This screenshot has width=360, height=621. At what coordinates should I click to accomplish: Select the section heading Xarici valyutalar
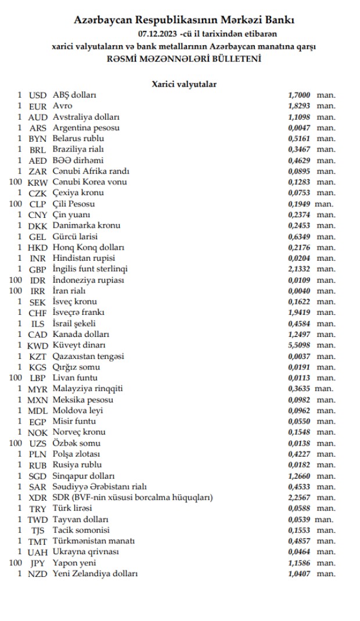(184, 84)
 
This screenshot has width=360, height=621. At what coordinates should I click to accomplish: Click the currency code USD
(38, 95)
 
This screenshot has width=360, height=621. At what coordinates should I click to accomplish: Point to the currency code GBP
(38, 269)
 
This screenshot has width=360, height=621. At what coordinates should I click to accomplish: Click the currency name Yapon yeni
(74, 563)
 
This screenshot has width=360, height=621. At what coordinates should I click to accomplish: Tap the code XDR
(38, 497)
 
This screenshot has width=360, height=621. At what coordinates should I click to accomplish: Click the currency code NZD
(38, 574)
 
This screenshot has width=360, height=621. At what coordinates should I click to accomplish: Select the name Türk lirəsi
(72, 508)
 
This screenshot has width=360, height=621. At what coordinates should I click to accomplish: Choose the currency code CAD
(38, 334)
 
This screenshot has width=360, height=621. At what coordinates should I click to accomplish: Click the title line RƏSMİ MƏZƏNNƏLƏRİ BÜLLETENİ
(184, 59)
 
